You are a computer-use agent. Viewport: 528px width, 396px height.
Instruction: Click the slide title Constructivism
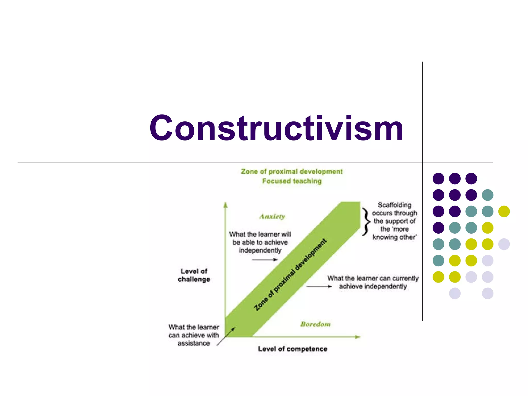[x=276, y=128]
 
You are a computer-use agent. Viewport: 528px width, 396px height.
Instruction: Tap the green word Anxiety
[x=272, y=217]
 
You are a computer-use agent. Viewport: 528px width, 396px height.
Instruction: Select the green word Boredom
[x=315, y=324]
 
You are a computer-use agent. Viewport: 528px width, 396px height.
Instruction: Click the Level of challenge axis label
[x=194, y=275]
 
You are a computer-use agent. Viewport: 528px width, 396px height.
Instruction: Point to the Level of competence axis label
[x=293, y=349]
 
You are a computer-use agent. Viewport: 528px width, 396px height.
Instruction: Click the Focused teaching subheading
[x=292, y=181]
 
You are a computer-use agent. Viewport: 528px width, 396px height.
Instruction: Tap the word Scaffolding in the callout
[x=394, y=205]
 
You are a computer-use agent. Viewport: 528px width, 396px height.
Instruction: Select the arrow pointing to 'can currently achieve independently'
[x=319, y=286]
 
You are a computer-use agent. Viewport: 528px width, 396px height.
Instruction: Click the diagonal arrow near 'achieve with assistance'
[x=226, y=336]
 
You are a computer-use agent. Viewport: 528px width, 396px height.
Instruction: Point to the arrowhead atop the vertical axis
[x=226, y=205]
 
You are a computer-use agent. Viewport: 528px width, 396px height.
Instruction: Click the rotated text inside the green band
[x=290, y=275]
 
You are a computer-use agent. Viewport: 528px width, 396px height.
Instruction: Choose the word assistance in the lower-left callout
[x=194, y=343]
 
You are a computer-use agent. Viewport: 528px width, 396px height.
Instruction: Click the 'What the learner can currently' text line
[x=373, y=278]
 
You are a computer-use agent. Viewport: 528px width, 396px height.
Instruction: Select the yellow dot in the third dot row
[x=504, y=211]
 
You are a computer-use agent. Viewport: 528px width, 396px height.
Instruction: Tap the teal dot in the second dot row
[x=487, y=195]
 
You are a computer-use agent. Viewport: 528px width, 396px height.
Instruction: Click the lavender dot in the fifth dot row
[x=504, y=244]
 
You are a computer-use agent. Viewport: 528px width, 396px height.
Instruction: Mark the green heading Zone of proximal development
[x=292, y=172]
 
